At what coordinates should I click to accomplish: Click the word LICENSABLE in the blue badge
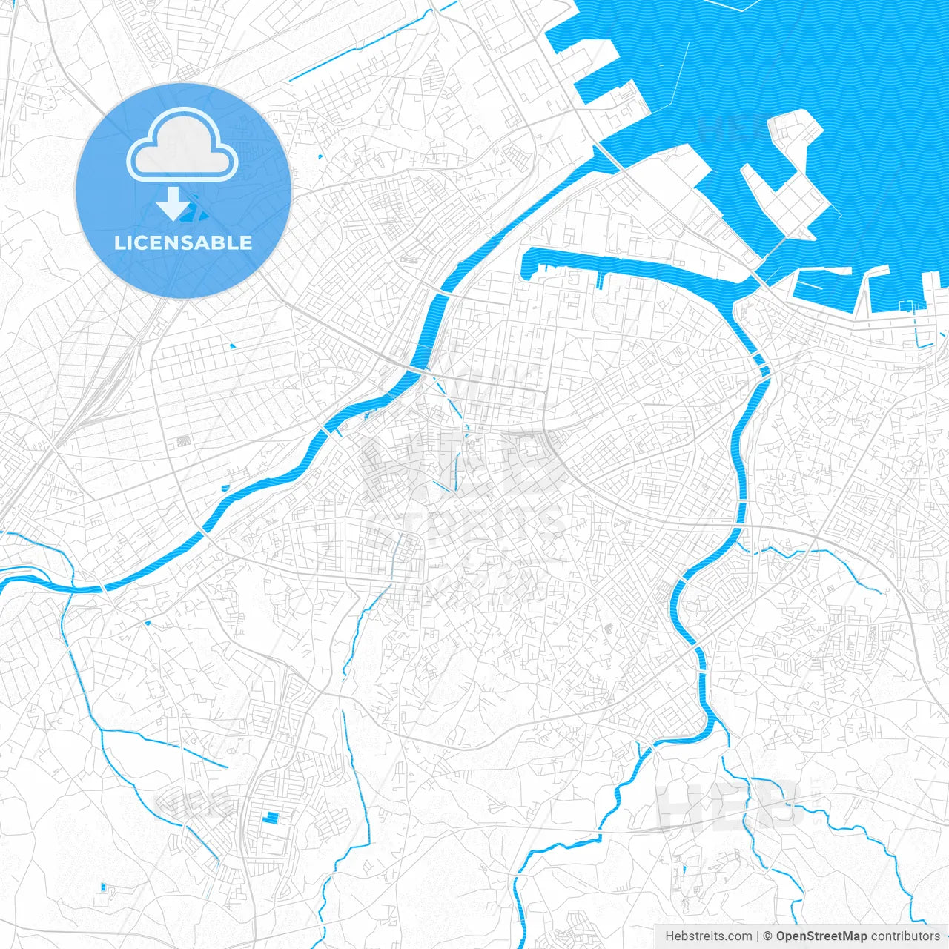182,242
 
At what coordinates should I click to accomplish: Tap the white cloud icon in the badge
182,145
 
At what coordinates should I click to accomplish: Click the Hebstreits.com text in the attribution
708,936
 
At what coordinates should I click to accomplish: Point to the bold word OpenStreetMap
821,936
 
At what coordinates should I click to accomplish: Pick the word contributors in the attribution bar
905,936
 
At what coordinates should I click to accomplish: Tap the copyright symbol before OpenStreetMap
768,936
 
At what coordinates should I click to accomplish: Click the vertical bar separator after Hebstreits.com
758,936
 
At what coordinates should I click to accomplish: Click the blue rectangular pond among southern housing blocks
271,818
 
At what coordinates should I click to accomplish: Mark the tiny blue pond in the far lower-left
103,887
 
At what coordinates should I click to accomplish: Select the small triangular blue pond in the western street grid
233,346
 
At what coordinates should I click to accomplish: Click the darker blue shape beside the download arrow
195,214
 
